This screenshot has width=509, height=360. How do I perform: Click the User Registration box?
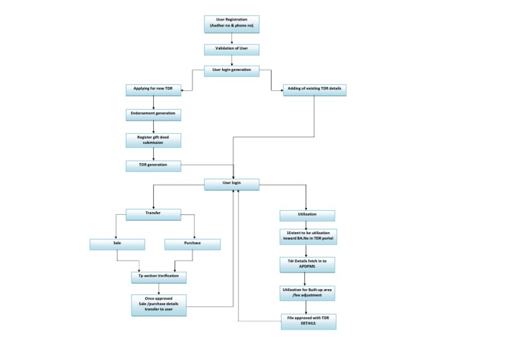pos(231,24)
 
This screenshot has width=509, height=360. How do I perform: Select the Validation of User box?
pos(231,50)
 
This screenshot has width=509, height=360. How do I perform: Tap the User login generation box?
pos(231,71)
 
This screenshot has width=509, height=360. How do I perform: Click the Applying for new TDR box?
pos(153,89)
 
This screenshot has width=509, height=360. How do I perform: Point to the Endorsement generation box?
pos(153,114)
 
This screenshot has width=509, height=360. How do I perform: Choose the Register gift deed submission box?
pos(153,140)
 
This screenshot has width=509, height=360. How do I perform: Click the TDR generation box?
pos(153,164)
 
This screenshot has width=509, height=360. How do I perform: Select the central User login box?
pos(231,184)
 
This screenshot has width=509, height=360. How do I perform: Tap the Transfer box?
pos(153,214)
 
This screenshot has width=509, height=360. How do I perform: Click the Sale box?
pos(117,244)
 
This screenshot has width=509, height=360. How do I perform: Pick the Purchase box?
pos(192,244)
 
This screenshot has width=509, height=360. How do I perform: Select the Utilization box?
pos(307,215)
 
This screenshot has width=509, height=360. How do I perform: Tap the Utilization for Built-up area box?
pos(307,293)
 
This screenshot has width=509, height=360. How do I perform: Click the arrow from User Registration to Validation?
pos(231,38)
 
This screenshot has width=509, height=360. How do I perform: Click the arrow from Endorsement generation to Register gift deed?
pos(153,127)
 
